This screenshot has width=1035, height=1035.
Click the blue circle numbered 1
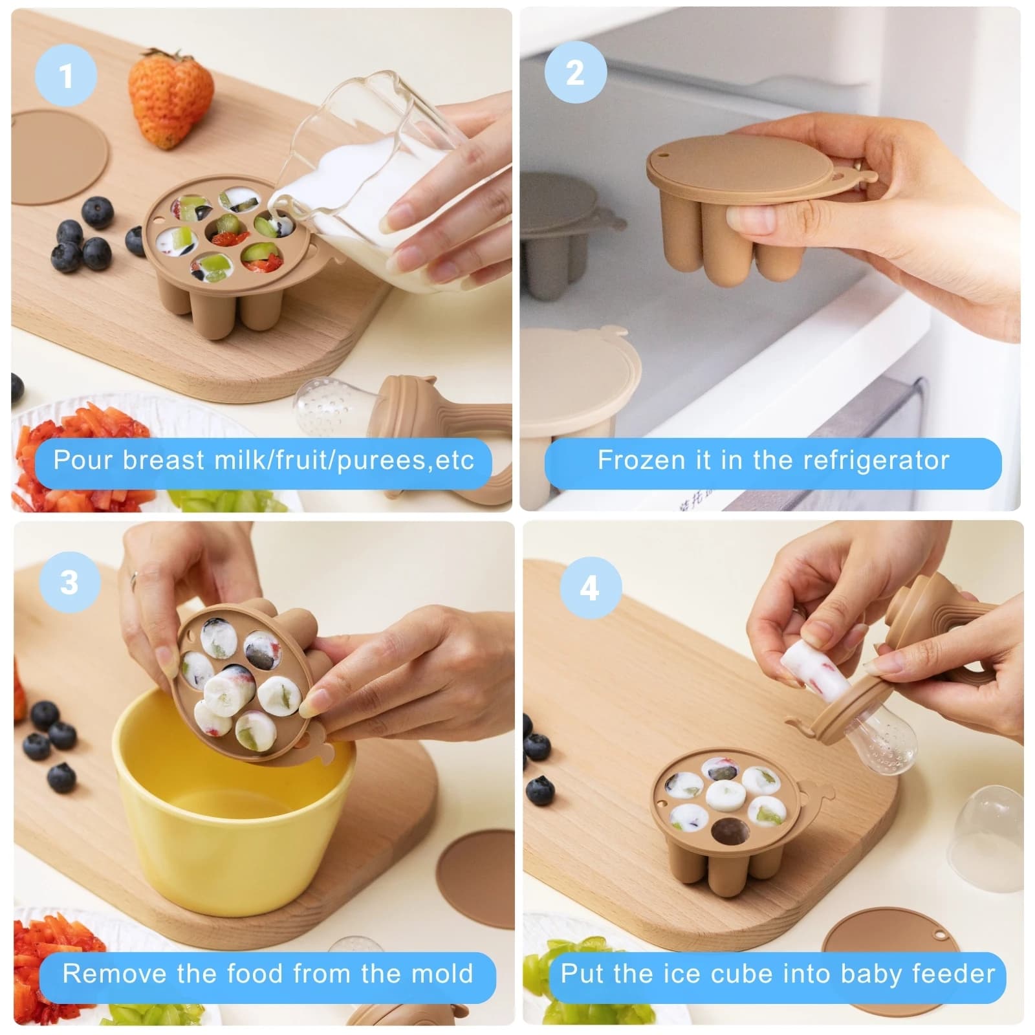(x=66, y=76)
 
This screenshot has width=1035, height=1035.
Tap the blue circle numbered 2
(x=575, y=72)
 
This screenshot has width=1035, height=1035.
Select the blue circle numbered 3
(x=70, y=583)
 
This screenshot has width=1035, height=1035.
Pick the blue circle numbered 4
(x=589, y=588)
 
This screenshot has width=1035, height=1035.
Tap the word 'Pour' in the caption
(x=83, y=460)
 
